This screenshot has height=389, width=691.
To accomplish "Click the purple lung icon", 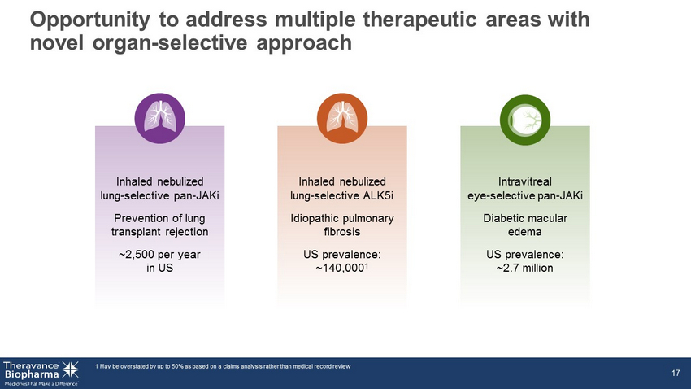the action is (x=159, y=118).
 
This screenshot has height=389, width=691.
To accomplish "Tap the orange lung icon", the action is (x=342, y=118).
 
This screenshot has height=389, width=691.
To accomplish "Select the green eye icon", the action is (x=525, y=120).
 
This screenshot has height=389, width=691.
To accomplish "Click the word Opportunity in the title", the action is (x=90, y=20).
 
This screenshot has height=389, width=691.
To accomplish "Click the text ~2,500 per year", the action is (x=159, y=255).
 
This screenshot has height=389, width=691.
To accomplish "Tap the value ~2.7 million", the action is (x=525, y=269).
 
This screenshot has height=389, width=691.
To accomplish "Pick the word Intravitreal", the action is (x=525, y=181).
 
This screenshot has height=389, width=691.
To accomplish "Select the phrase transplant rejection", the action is (x=159, y=232).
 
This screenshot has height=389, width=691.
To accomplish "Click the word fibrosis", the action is (x=342, y=232).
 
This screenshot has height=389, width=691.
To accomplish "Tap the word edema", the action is (x=525, y=232).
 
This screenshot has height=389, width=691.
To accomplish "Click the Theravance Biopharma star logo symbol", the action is (x=71, y=369).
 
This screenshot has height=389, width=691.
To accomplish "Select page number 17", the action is (x=676, y=373).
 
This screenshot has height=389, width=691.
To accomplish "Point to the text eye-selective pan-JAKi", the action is (x=525, y=195).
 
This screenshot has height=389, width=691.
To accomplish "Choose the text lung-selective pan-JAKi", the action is (x=159, y=195).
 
